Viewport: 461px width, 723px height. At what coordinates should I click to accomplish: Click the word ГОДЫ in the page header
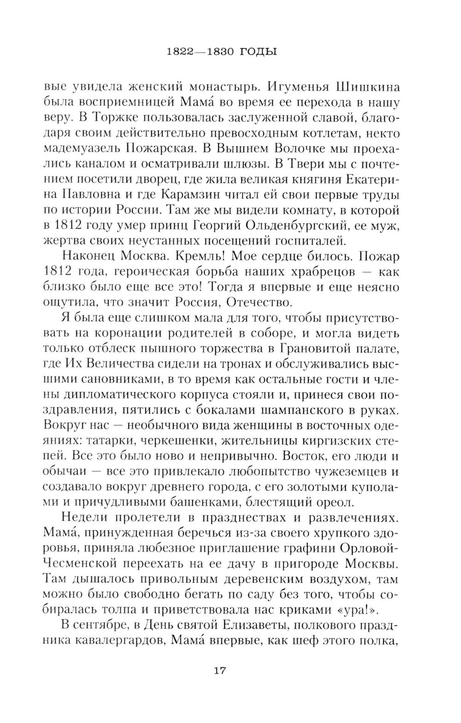click(x=259, y=51)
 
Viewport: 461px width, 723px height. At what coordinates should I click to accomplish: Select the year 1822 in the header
click(x=178, y=51)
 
